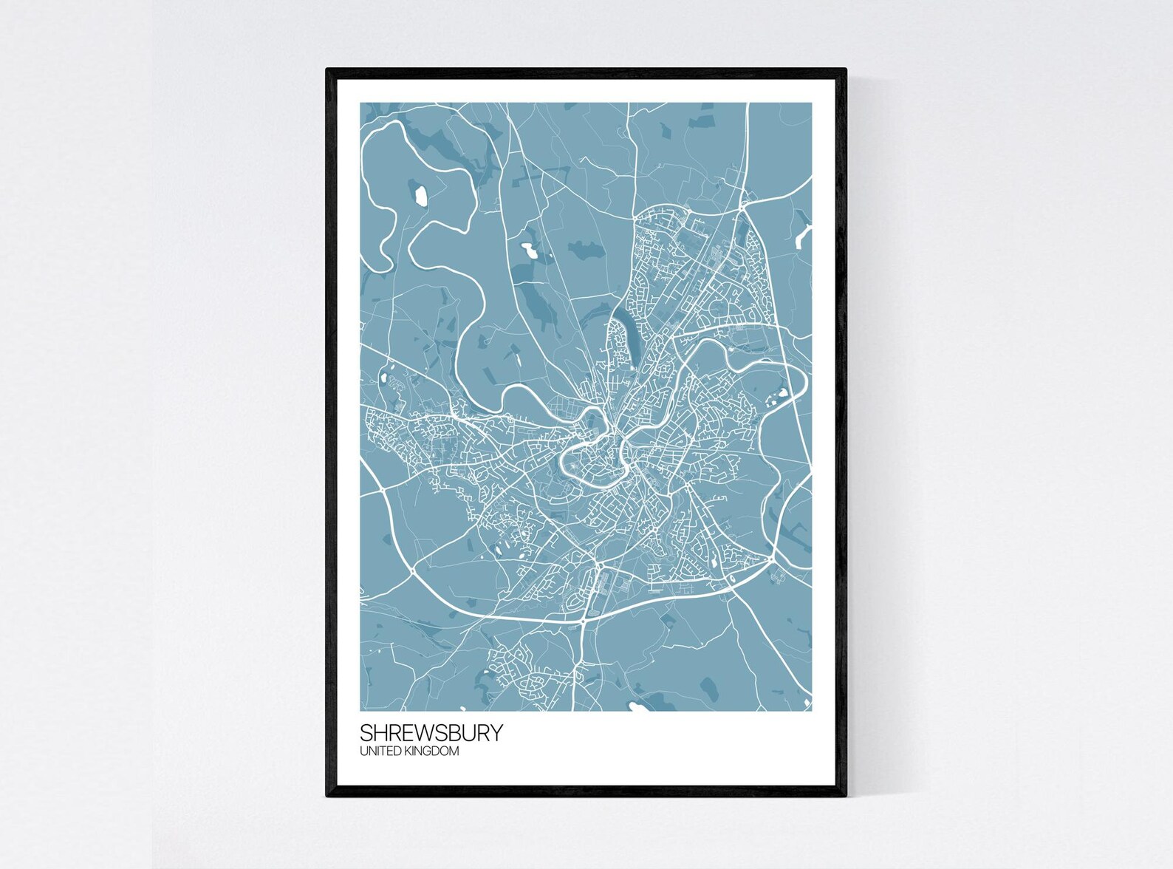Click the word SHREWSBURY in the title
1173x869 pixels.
click(431, 732)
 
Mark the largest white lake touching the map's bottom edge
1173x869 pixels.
click(635, 706)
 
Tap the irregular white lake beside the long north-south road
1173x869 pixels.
click(530, 250)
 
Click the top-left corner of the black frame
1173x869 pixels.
click(327, 69)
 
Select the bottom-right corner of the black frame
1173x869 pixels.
click(845, 796)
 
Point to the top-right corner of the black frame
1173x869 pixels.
click(845, 69)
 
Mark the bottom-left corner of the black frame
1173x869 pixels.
click(327, 796)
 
